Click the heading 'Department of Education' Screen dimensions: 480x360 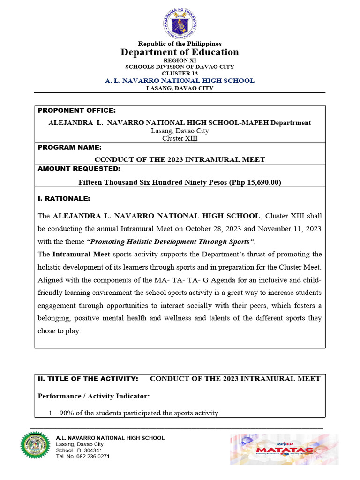(180, 52)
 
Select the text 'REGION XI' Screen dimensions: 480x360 (180, 60)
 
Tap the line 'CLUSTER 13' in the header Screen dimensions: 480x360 (180, 74)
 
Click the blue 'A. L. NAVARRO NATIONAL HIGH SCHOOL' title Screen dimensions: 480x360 (180, 81)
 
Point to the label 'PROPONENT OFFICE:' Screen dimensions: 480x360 (76, 111)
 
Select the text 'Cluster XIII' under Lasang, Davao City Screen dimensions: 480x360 (180, 138)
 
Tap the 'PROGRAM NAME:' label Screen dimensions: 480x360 (69, 147)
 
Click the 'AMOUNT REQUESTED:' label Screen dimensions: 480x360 (79, 169)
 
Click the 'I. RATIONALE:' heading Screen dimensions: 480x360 (64, 199)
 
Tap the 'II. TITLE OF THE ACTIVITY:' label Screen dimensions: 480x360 (88, 379)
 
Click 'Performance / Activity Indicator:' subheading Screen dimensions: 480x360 (94, 396)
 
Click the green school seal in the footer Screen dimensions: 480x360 (35, 445)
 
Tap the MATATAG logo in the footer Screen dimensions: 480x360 (284, 449)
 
